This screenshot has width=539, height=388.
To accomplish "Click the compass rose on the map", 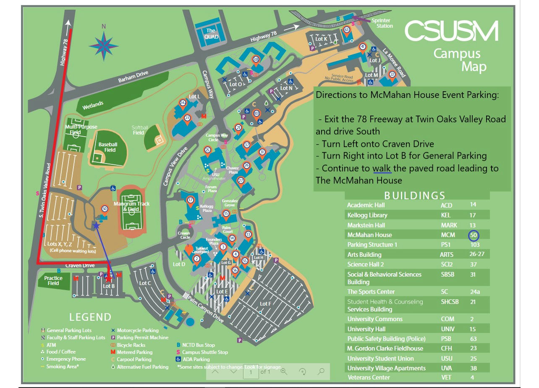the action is pyautogui.click(x=103, y=44).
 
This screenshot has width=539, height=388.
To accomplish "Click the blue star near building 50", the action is pyautogui.click(x=96, y=226).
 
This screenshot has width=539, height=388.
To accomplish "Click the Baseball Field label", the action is pyautogui.click(x=107, y=147).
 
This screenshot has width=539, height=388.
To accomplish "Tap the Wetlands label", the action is pyautogui.click(x=93, y=105).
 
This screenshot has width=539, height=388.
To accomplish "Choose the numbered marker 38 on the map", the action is pyautogui.click(x=256, y=60).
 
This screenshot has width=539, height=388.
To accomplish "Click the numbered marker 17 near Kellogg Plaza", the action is pyautogui.click(x=191, y=201).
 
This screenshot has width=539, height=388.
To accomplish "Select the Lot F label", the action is pyautogui.click(x=265, y=304).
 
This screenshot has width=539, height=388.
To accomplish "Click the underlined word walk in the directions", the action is pyautogui.click(x=382, y=168).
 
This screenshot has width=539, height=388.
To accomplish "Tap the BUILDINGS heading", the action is pyautogui.click(x=415, y=195).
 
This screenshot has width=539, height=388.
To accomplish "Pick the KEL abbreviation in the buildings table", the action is pyautogui.click(x=446, y=215).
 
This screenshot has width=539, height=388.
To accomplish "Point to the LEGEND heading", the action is pyautogui.click(x=90, y=317).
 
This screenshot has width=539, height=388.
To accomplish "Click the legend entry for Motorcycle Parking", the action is pyautogui.click(x=138, y=330).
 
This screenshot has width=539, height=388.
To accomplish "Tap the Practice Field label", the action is pyautogui.click(x=53, y=280).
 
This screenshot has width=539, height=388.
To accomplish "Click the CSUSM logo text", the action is pyautogui.click(x=452, y=31).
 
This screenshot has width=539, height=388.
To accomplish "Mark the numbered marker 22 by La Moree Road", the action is pyautogui.click(x=392, y=74).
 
